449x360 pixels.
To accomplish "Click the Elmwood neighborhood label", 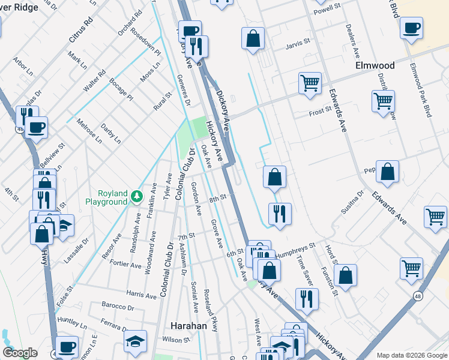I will (x=375, y=65).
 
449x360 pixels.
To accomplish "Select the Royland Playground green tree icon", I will (x=137, y=195).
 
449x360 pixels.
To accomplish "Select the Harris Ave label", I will (x=142, y=295).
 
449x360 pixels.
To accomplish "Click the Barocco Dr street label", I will (x=118, y=308).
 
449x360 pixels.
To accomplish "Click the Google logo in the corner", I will (x=20, y=353).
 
